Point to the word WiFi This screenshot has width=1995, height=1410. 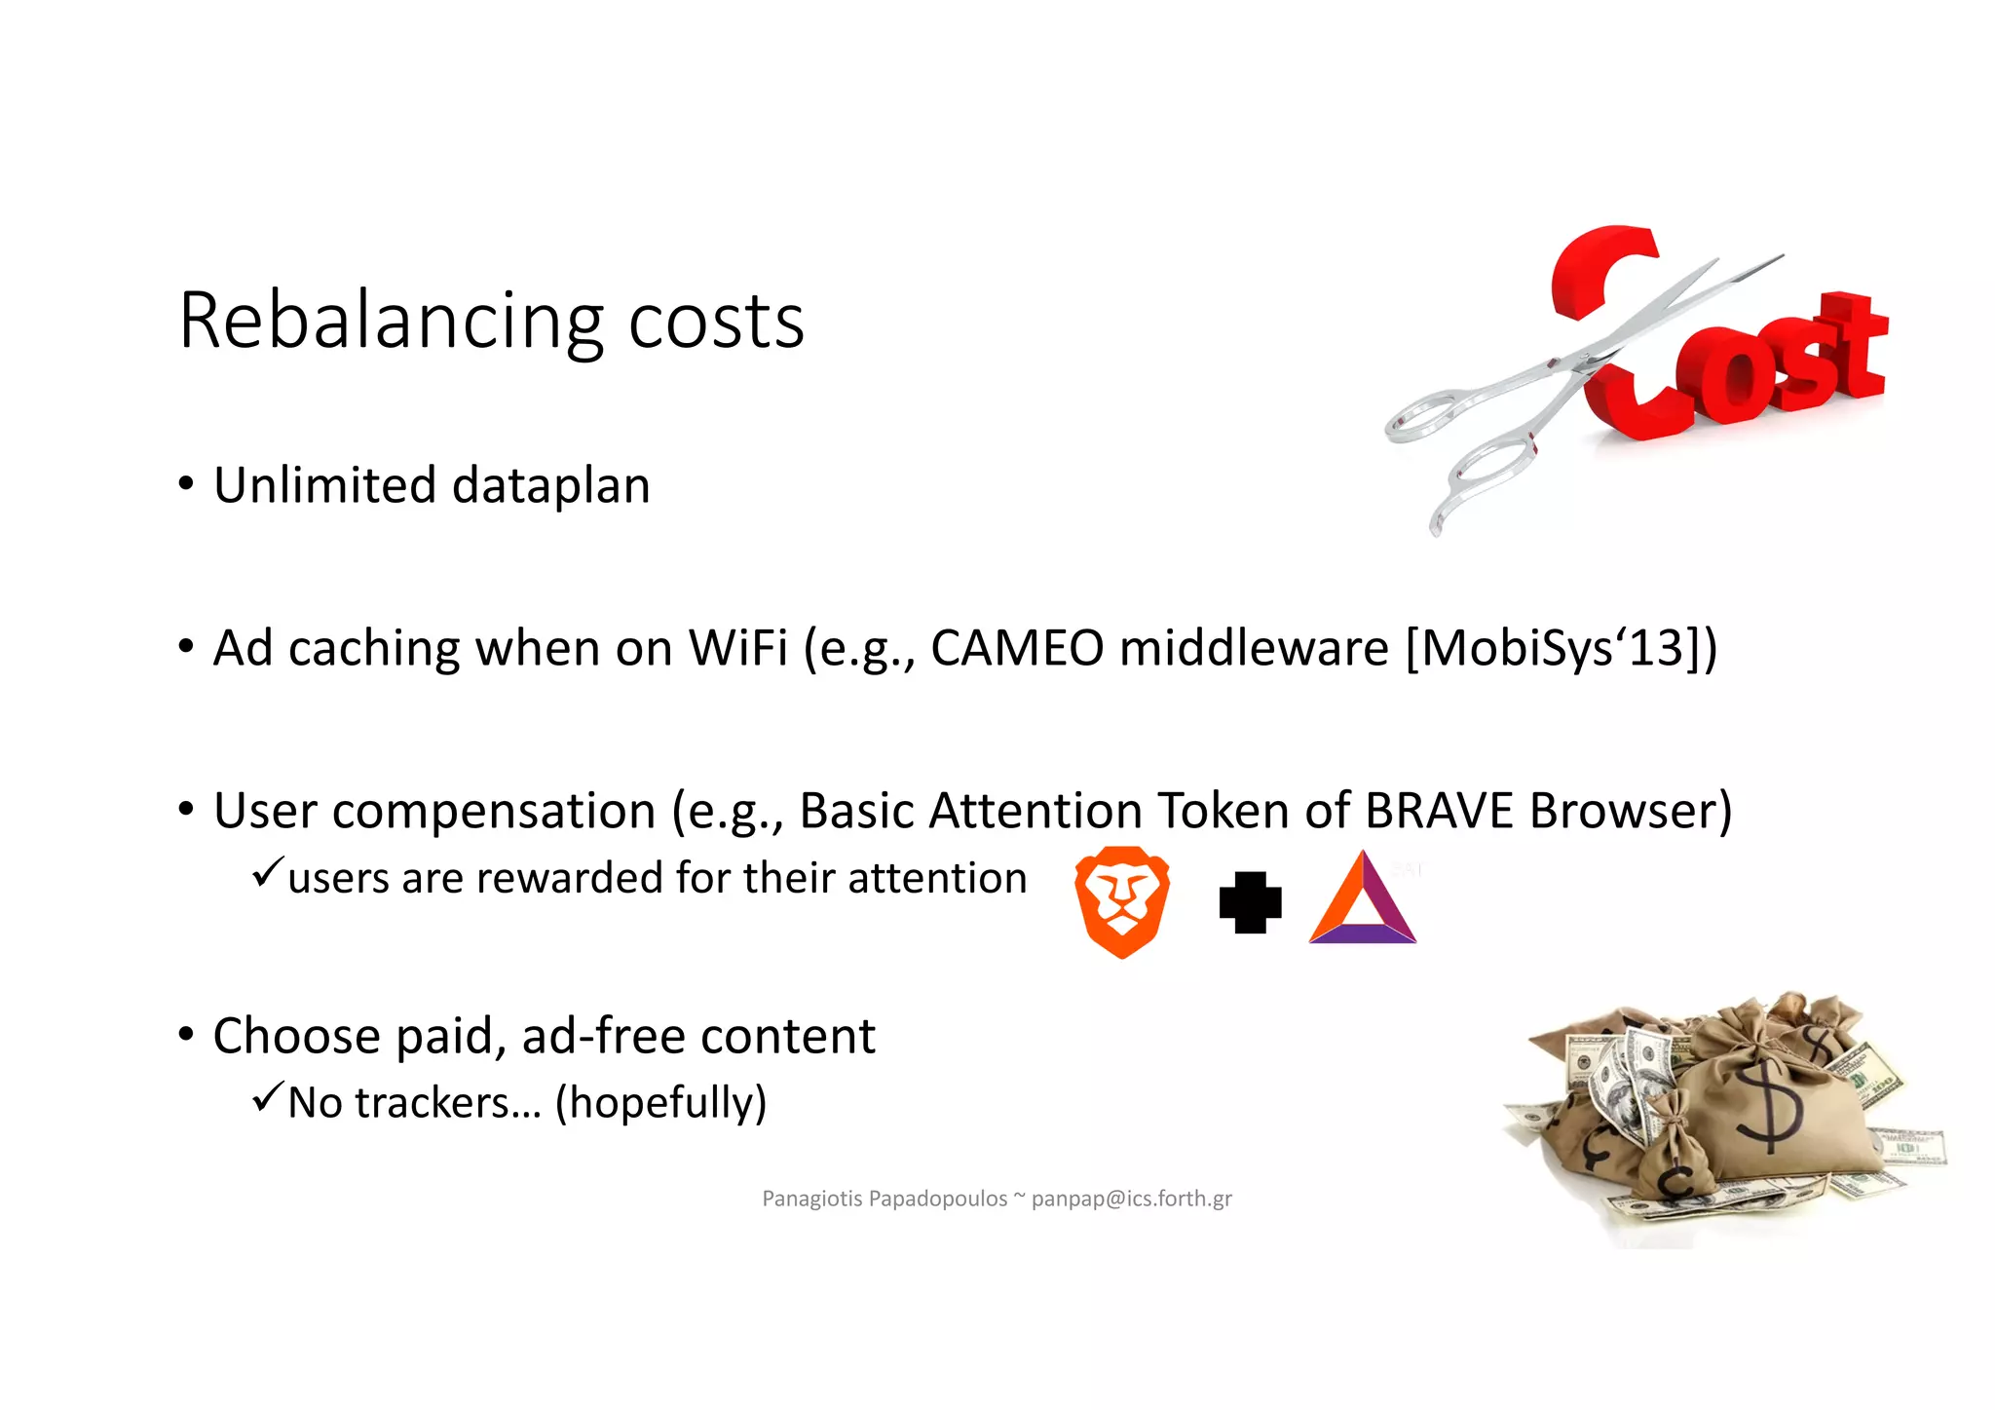pyautogui.click(x=737, y=648)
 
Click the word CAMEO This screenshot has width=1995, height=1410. pyautogui.click(x=1016, y=648)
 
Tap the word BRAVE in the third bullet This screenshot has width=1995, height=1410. pyautogui.click(x=1439, y=811)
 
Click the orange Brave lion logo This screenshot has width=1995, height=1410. pyautogui.click(x=1122, y=901)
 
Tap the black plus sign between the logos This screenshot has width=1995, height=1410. pyautogui.click(x=1250, y=902)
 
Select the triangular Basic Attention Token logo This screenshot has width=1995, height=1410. pyautogui.click(x=1362, y=901)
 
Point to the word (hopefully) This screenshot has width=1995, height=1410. pyautogui.click(x=660, y=1103)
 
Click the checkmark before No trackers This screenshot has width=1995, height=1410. pyautogui.click(x=267, y=1097)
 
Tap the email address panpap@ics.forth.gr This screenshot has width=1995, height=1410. pyautogui.click(x=1131, y=1199)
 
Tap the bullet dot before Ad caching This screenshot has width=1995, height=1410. pyautogui.click(x=186, y=647)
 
